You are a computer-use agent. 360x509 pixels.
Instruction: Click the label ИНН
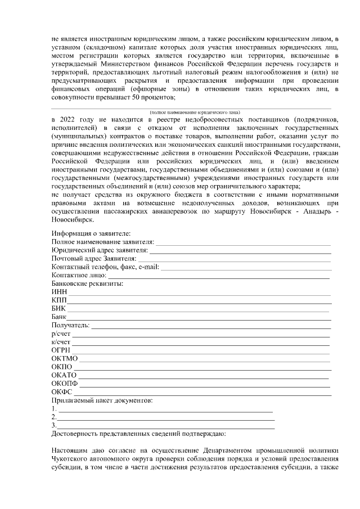pos(58,292)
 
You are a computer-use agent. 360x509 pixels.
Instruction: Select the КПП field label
pos(58,300)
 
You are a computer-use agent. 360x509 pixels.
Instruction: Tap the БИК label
pos(58,309)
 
